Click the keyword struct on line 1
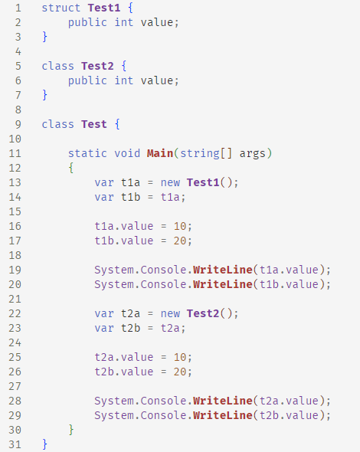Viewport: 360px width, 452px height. coord(61,8)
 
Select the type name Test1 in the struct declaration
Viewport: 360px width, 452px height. coord(104,8)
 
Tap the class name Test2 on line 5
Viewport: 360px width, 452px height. coord(97,66)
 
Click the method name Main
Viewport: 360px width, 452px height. coord(160,153)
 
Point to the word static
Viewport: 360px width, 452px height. coord(87,153)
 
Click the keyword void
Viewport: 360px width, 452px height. coord(127,153)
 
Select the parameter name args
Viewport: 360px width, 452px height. coord(252,154)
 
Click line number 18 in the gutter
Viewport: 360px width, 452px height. coord(15,255)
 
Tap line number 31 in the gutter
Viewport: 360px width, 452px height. coord(15,444)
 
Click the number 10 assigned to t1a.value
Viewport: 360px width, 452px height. coord(180,226)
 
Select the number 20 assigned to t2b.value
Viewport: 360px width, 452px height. coord(180,372)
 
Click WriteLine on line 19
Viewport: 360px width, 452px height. coord(223,270)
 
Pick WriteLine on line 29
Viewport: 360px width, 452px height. coord(223,415)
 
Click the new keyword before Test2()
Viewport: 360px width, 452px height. coord(170,313)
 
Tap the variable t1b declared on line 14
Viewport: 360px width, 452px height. coord(130,197)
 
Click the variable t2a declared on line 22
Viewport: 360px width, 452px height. coord(130,313)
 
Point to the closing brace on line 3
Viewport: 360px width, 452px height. coord(44,37)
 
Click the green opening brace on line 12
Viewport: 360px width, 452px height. coord(71,168)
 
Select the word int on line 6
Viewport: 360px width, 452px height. coord(124,80)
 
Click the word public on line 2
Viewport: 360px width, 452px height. coord(87,23)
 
